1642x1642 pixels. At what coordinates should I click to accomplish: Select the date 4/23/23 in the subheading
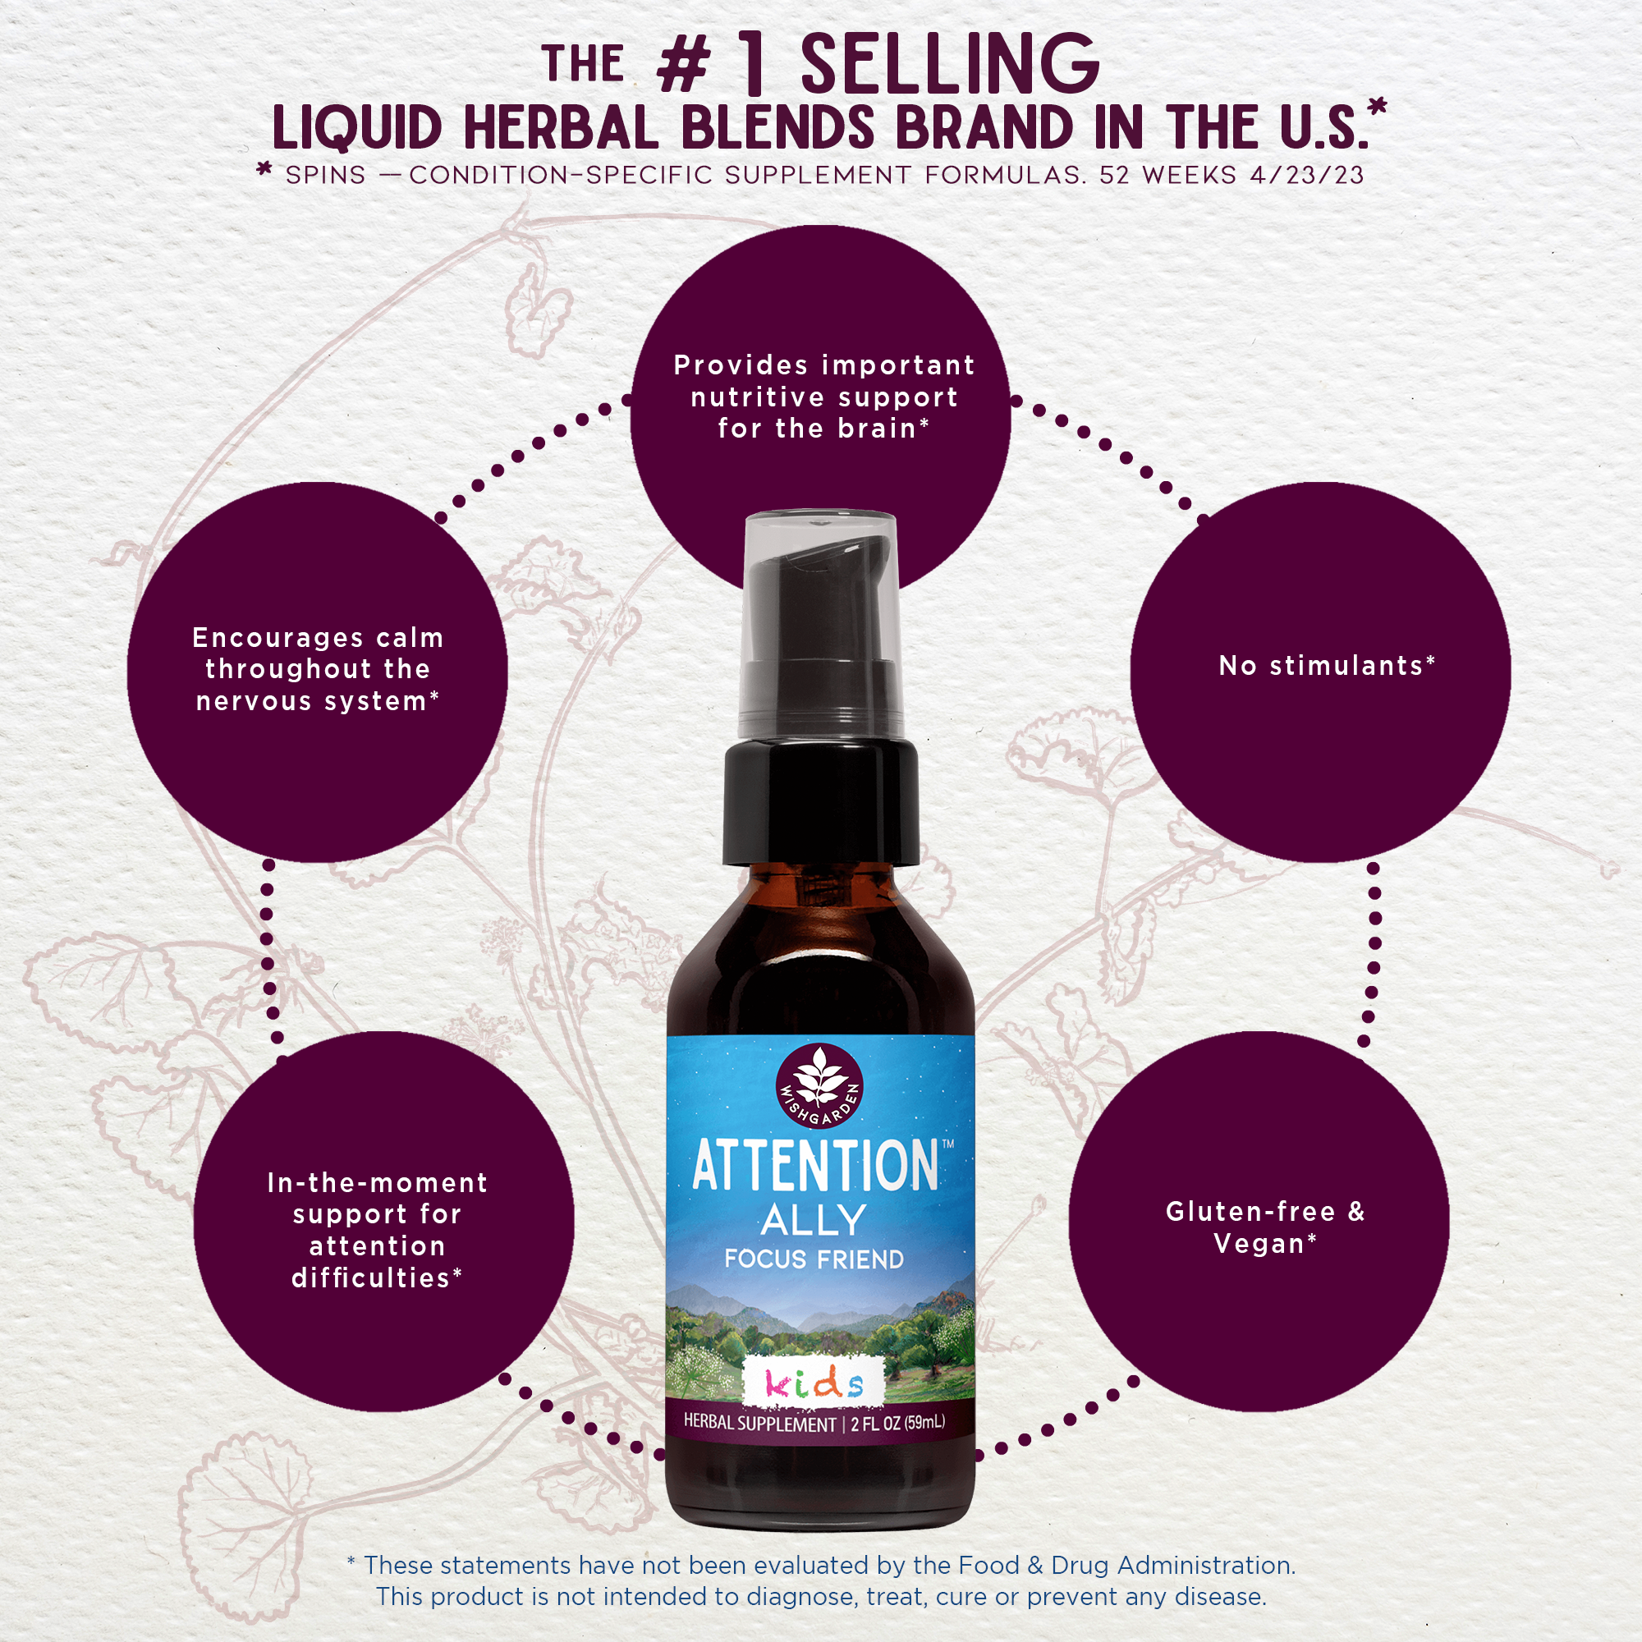1306,175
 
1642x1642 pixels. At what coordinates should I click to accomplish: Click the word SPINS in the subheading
325,175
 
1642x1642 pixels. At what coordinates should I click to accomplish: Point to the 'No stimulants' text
1327,666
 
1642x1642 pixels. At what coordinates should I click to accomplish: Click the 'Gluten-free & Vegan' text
1265,1227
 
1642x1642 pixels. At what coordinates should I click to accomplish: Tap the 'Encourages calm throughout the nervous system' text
317,670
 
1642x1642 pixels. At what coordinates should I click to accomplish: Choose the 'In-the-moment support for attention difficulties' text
378,1230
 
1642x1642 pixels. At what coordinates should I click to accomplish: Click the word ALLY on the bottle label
814,1221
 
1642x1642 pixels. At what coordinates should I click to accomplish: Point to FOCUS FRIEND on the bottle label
814,1259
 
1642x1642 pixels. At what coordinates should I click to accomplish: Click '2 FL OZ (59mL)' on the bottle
897,1423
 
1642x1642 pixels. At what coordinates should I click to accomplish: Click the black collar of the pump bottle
821,803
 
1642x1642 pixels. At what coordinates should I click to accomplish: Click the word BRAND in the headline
984,129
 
